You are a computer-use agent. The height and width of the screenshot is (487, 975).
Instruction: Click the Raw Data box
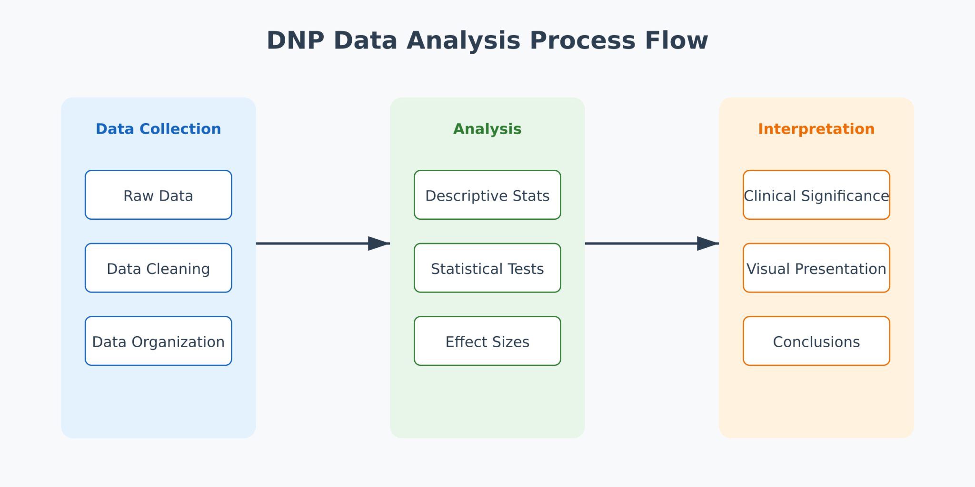point(158,195)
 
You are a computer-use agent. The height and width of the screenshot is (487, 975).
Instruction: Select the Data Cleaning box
point(158,268)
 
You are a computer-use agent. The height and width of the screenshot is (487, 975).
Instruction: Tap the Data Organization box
point(158,341)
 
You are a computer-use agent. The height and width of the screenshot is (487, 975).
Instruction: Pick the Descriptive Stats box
point(487,195)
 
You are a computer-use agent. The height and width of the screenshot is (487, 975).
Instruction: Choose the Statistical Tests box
point(487,268)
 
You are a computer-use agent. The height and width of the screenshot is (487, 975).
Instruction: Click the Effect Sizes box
point(487,341)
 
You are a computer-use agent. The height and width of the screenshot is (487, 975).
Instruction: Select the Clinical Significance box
point(816,195)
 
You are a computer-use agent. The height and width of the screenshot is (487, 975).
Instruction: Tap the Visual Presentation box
point(816,268)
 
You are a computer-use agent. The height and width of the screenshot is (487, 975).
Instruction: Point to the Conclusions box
point(816,341)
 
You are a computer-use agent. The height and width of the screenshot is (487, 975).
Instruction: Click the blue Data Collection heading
point(158,129)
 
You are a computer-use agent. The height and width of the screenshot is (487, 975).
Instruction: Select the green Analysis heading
point(487,129)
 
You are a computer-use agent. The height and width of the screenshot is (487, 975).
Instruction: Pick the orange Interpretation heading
point(816,129)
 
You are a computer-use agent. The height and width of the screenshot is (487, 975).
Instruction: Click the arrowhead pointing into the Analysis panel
point(378,243)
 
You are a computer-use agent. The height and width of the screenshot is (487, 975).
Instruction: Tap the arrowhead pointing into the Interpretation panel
point(707,243)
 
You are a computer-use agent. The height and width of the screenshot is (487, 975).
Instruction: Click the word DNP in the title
point(295,40)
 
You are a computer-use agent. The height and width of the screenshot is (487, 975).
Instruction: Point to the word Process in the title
point(582,40)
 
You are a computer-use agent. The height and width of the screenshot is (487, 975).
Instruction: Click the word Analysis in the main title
point(463,40)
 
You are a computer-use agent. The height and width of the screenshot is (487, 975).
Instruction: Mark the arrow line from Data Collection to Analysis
point(312,243)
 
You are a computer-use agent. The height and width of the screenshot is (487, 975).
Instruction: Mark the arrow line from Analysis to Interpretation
point(640,243)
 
